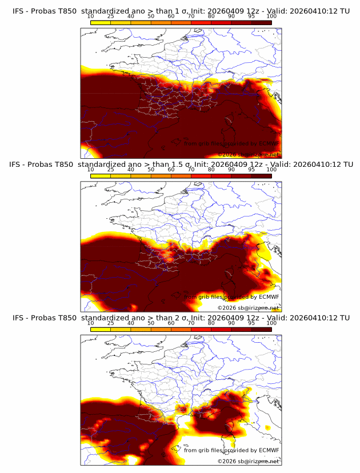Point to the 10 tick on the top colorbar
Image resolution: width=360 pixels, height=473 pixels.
point(90,16)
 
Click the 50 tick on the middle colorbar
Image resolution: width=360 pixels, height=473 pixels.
point(151,170)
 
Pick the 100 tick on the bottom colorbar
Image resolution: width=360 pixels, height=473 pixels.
point(271,323)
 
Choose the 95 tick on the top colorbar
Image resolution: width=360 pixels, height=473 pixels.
point(251,16)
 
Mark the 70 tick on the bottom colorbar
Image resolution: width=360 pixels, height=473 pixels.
point(191,323)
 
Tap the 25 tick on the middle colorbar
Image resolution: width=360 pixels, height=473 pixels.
point(110,170)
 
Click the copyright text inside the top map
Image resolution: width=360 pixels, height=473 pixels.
point(248,154)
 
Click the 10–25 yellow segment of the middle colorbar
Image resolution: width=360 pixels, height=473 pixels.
point(101,176)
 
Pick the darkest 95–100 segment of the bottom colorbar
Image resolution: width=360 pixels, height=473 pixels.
point(262,330)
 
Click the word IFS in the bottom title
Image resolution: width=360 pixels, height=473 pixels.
point(19,318)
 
